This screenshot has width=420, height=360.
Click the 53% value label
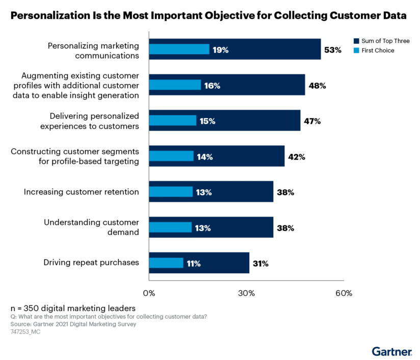(332, 50)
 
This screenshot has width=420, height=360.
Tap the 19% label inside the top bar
(221, 50)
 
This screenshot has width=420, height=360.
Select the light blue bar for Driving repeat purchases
(166, 263)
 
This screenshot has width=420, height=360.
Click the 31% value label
(260, 264)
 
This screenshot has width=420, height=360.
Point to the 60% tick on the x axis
(344, 293)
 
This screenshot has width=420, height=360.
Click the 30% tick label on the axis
(247, 293)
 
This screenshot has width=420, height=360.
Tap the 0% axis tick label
(149, 293)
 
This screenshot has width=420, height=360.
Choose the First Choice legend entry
(377, 50)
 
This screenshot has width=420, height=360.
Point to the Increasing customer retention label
(82, 192)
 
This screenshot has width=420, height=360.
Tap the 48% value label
(317, 86)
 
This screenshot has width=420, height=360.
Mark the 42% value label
(296, 157)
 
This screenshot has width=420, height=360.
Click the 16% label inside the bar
(212, 86)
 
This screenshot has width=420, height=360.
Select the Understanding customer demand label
(91, 227)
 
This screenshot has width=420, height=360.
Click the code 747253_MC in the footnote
(25, 331)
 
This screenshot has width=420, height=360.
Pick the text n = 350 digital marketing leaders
(73, 308)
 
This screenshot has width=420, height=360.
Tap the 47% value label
(312, 121)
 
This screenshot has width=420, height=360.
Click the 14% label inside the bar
(204, 157)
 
